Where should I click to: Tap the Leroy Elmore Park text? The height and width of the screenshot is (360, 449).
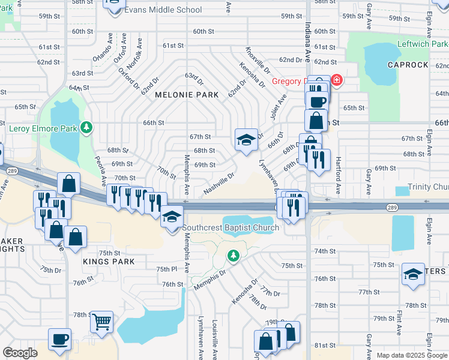43,128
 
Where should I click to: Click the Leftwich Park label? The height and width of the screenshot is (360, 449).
423,44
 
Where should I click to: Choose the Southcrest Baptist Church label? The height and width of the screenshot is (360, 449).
231,228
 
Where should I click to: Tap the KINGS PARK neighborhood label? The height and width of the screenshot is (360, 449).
108,262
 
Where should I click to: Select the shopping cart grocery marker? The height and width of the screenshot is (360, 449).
101,321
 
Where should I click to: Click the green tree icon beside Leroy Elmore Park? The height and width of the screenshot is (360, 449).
87,127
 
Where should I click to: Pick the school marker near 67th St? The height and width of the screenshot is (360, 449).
246,140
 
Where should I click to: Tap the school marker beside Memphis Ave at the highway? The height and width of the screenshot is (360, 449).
172,217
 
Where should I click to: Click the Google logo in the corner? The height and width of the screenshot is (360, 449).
20,353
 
